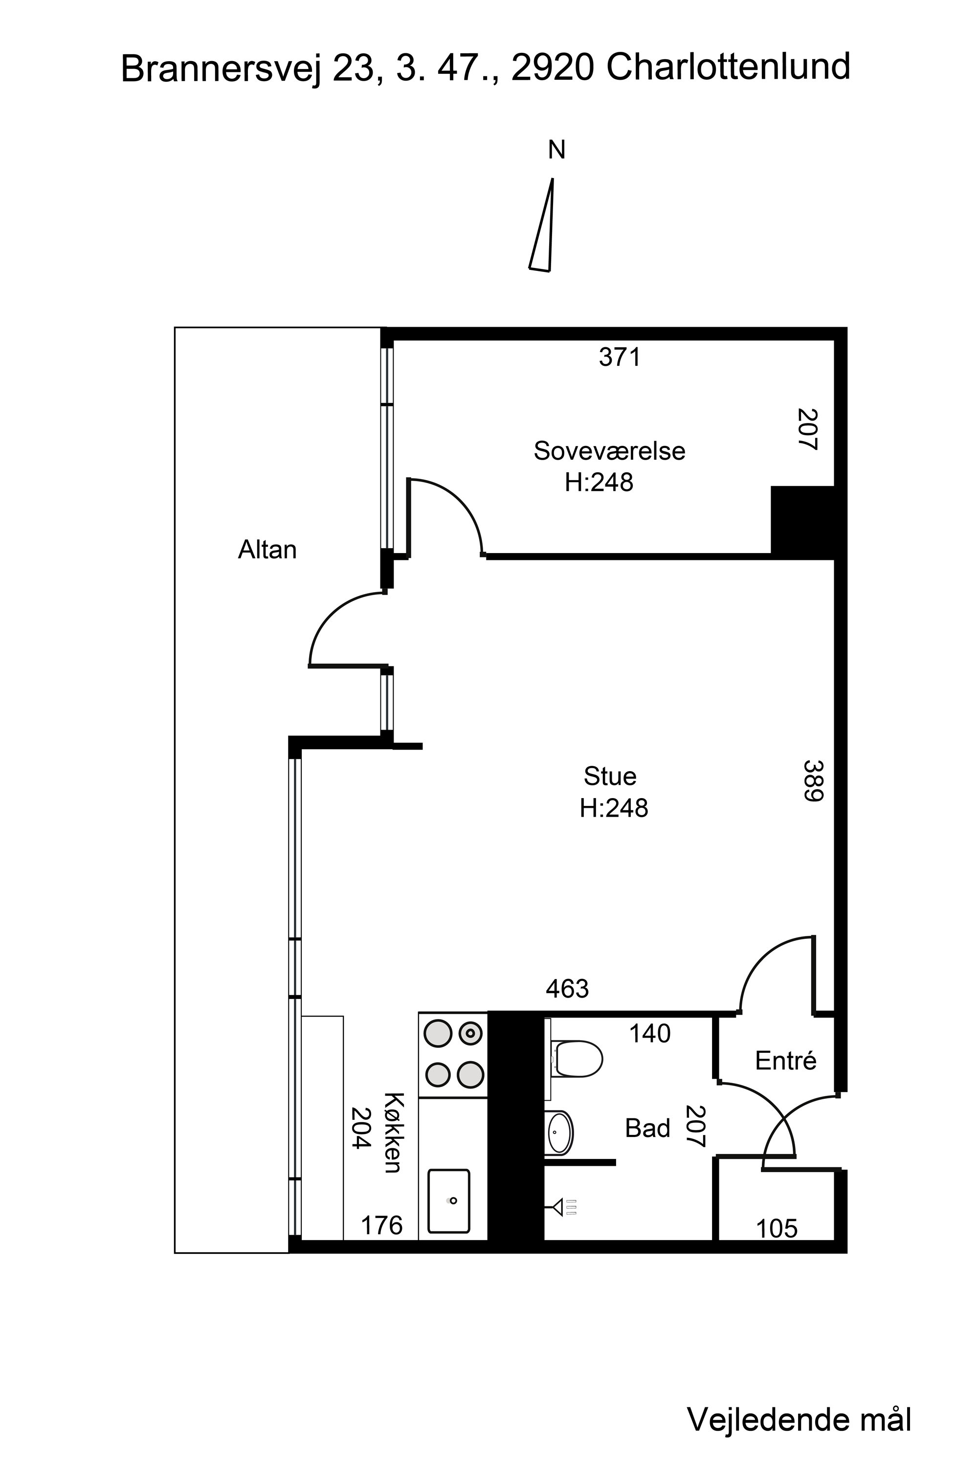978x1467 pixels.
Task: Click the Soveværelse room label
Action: [x=609, y=451]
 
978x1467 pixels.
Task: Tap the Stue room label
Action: [x=610, y=777]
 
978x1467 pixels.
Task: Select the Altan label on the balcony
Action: [x=267, y=550]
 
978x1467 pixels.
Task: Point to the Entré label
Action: [x=786, y=1060]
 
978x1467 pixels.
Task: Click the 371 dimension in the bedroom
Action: [x=620, y=357]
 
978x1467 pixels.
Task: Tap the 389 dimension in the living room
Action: [x=813, y=780]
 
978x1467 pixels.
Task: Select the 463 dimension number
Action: [x=567, y=989]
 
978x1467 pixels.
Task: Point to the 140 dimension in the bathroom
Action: [x=649, y=1034]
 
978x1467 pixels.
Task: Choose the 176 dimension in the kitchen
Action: [x=382, y=1225]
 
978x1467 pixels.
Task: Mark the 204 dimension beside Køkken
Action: [x=362, y=1128]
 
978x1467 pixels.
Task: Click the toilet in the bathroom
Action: [x=578, y=1059]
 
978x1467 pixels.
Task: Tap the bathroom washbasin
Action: [x=559, y=1133]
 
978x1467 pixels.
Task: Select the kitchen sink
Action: [x=449, y=1201]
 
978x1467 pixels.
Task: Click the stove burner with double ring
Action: [x=470, y=1034]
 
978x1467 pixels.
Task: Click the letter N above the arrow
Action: [x=556, y=150]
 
